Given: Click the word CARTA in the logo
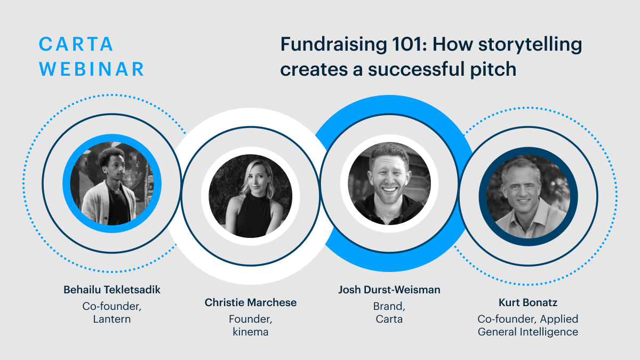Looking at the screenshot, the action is (76, 44).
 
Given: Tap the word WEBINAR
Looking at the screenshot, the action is (91, 69).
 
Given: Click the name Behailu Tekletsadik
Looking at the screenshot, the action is (111, 290).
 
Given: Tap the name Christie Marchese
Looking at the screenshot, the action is (251, 302).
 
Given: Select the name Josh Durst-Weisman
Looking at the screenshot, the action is (389, 290).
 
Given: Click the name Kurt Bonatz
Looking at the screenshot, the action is (528, 302).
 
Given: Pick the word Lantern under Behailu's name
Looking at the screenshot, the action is (111, 319).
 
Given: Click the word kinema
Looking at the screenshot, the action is (251, 332).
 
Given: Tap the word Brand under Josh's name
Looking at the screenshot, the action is (389, 307).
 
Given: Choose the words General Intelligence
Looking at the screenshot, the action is (528, 332).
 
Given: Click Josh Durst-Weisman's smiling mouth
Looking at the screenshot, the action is (390, 189).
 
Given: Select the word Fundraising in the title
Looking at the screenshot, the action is (334, 45).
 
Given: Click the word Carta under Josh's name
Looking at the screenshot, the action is (389, 319).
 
